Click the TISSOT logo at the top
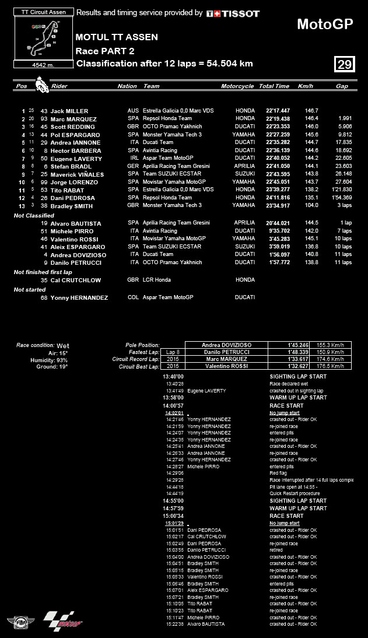(233, 13)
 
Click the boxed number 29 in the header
(345, 64)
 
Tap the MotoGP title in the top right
(324, 24)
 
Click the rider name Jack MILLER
(69, 111)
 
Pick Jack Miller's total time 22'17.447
(278, 111)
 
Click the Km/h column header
(305, 86)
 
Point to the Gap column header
(342, 86)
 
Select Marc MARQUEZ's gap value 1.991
(344, 119)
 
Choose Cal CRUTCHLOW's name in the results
(76, 280)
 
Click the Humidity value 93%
(62, 360)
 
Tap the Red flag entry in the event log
(277, 473)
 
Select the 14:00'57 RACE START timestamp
(174, 405)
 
